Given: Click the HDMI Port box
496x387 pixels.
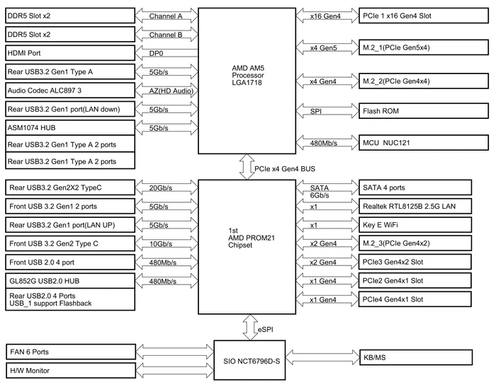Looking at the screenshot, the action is (70, 53).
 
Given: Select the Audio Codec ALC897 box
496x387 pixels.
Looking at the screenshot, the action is (70, 91).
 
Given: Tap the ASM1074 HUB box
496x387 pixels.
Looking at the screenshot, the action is (70, 127).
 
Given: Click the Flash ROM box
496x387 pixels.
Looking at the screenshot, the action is (424, 111).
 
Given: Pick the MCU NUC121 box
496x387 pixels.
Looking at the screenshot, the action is (424, 143).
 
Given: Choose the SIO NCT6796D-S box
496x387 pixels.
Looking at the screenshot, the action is (249, 360).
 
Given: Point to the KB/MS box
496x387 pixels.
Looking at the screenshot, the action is (416, 357).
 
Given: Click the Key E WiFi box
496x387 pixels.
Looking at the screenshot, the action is (415, 224).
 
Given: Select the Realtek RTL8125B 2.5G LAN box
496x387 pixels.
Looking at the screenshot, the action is (415, 207).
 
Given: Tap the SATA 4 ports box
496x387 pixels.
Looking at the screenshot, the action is (415, 187).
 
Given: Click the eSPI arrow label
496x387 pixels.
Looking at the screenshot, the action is (266, 330).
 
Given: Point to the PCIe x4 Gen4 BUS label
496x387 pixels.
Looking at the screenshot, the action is (285, 169).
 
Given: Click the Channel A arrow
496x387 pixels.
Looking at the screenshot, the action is (167, 16).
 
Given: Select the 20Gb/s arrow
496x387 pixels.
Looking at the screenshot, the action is (167, 187).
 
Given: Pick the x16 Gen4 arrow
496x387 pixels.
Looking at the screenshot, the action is (327, 16).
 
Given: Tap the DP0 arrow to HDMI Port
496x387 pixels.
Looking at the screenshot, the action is (167, 53).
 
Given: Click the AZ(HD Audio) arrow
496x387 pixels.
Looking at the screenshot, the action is (167, 91).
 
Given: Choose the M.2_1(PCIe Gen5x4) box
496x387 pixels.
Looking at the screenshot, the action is (424, 47).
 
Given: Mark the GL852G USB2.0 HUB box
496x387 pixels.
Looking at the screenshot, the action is (70, 281).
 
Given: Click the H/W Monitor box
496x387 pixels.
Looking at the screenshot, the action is (71, 370).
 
